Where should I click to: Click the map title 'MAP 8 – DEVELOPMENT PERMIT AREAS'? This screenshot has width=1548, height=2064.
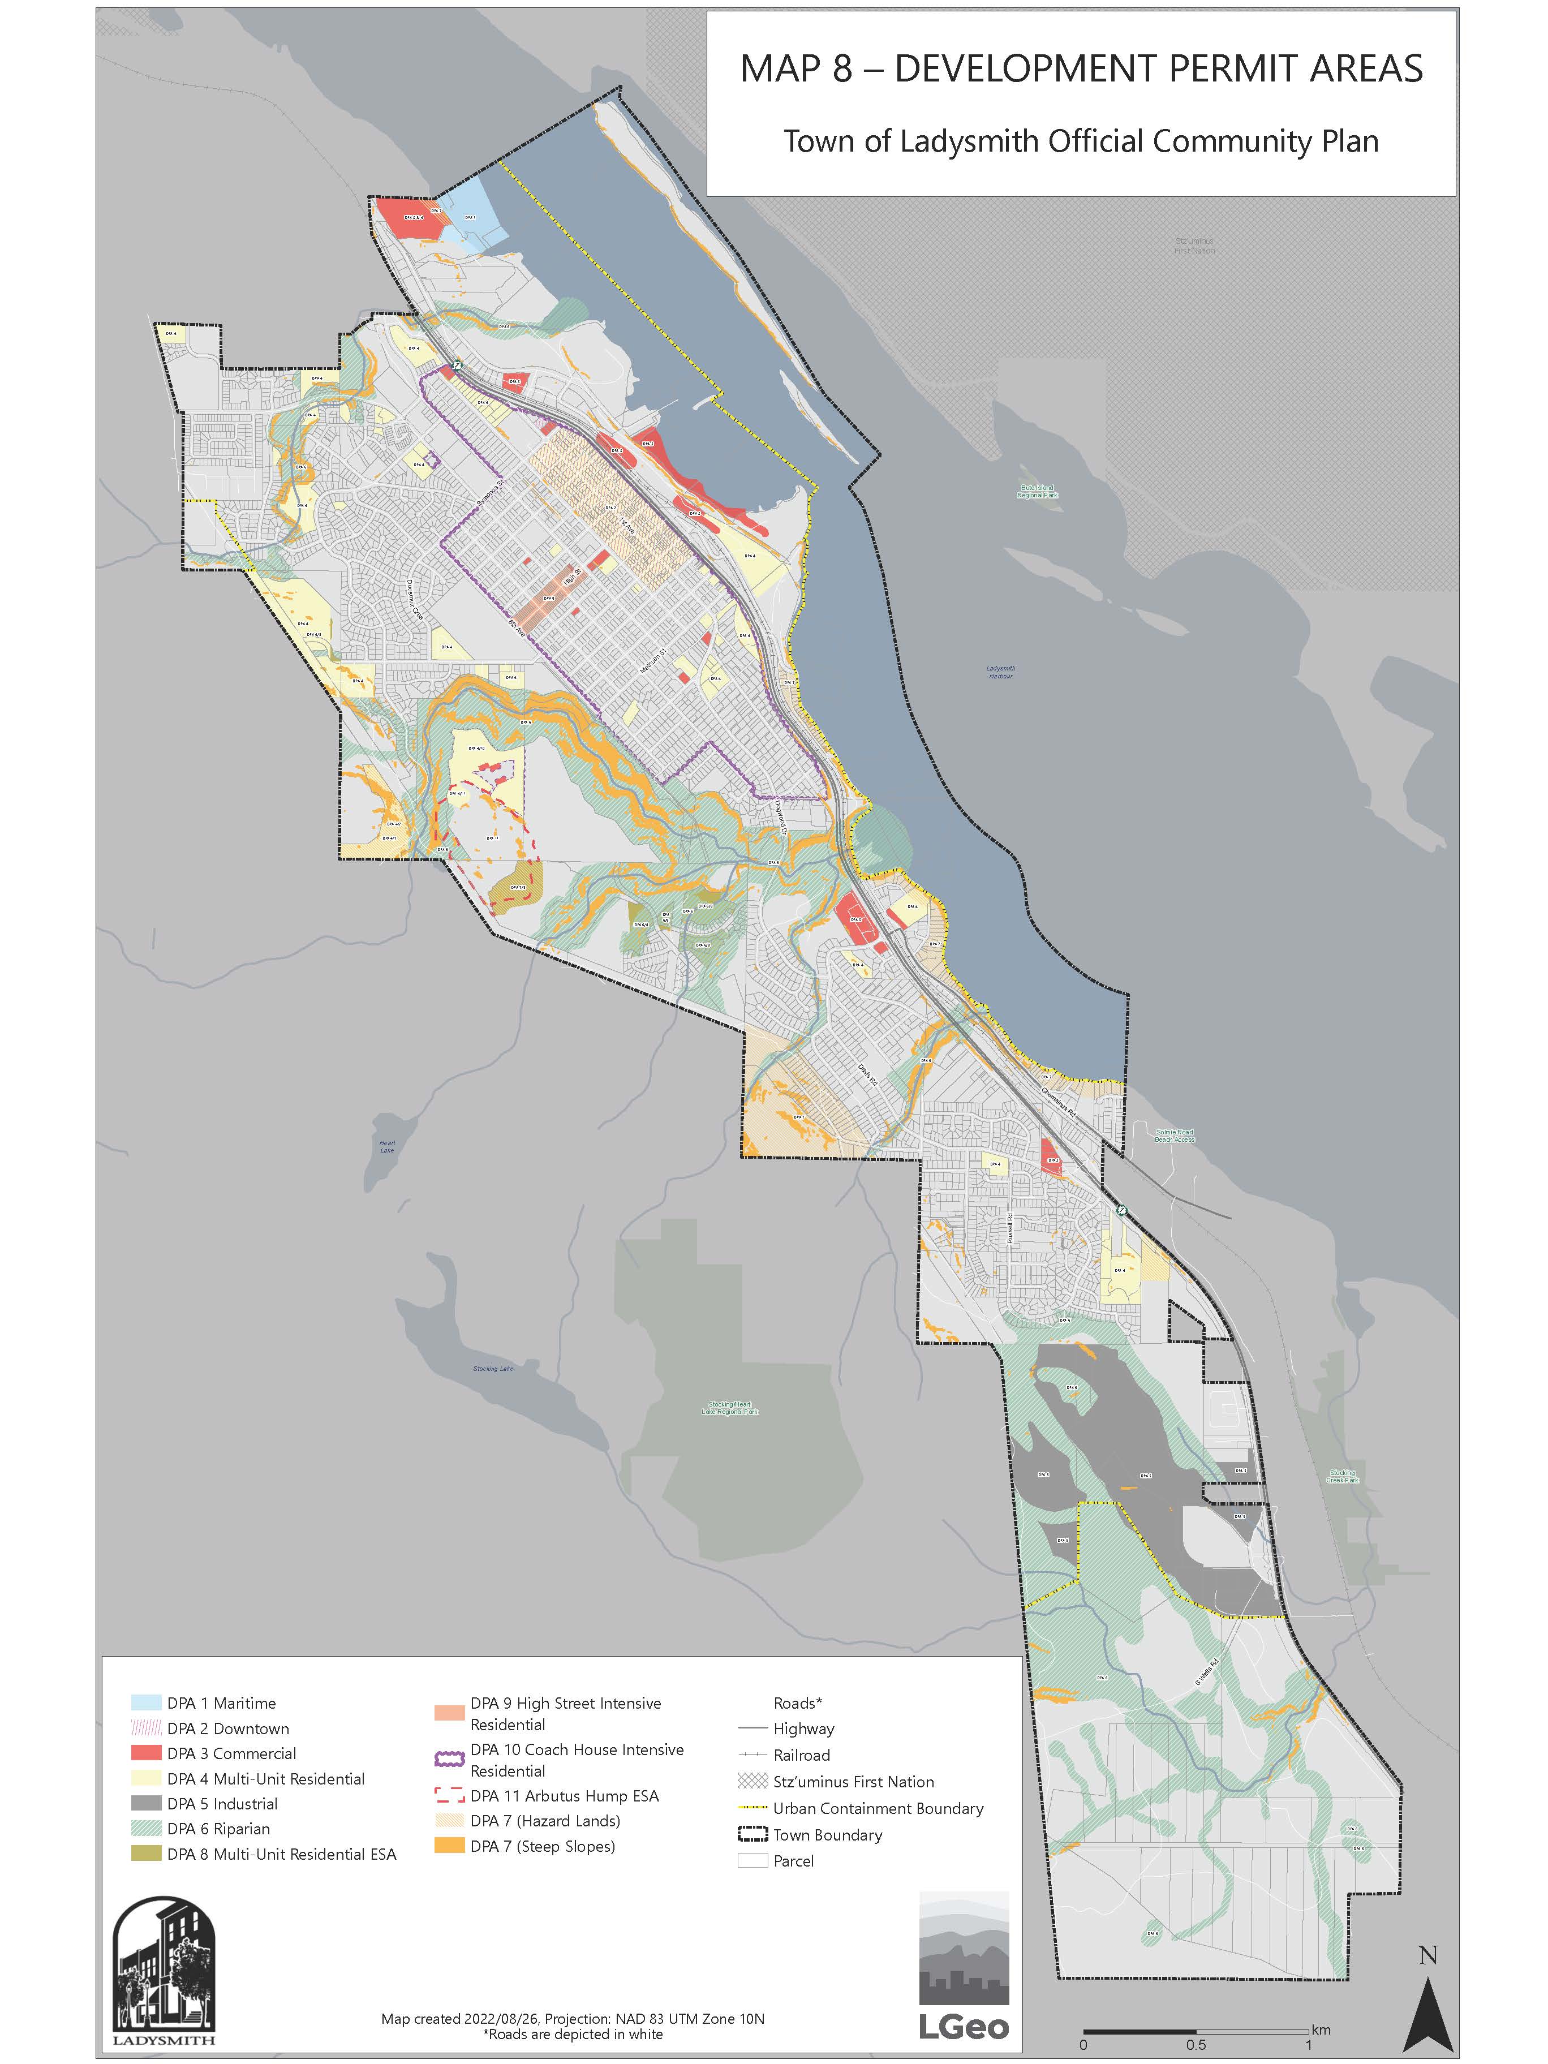[x=1081, y=69]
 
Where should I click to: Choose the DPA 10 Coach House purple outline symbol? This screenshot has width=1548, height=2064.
[x=450, y=1759]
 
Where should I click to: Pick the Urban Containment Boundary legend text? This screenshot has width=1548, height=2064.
[x=877, y=1808]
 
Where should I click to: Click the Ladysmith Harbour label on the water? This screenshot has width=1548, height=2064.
[x=1000, y=672]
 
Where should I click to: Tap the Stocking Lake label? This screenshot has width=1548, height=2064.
[x=493, y=1369]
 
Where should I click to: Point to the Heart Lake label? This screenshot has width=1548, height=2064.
[x=387, y=1146]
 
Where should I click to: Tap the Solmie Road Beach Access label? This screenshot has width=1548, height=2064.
[x=1174, y=1136]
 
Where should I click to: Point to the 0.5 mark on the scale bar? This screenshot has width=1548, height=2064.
[x=1196, y=2044]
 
